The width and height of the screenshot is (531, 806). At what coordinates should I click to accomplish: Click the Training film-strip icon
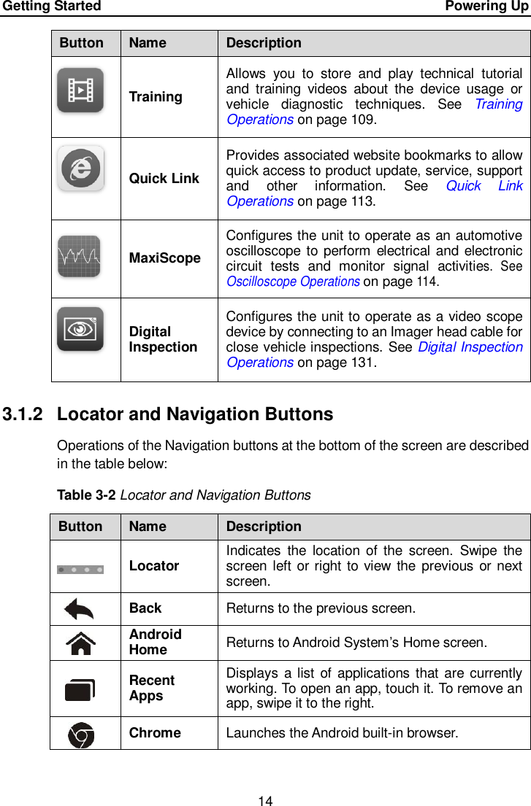[80, 90]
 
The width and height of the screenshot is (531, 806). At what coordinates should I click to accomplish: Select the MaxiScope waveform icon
[79, 256]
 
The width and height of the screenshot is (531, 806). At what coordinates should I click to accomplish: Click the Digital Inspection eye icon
[80, 329]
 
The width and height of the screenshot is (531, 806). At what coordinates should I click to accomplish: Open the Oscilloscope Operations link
[293, 282]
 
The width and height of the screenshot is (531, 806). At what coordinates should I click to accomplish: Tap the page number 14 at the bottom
[265, 801]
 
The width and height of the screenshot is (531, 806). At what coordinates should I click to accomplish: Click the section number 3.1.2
[25, 414]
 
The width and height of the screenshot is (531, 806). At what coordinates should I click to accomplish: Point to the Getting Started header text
[51, 7]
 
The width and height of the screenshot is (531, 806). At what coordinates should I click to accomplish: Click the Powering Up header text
[486, 7]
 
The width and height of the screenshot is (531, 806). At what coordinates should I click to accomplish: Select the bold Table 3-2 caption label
[86, 496]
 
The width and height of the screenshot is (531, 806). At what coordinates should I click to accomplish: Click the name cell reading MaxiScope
[164, 258]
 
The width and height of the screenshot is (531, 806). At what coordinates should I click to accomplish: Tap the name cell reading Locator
[154, 566]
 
